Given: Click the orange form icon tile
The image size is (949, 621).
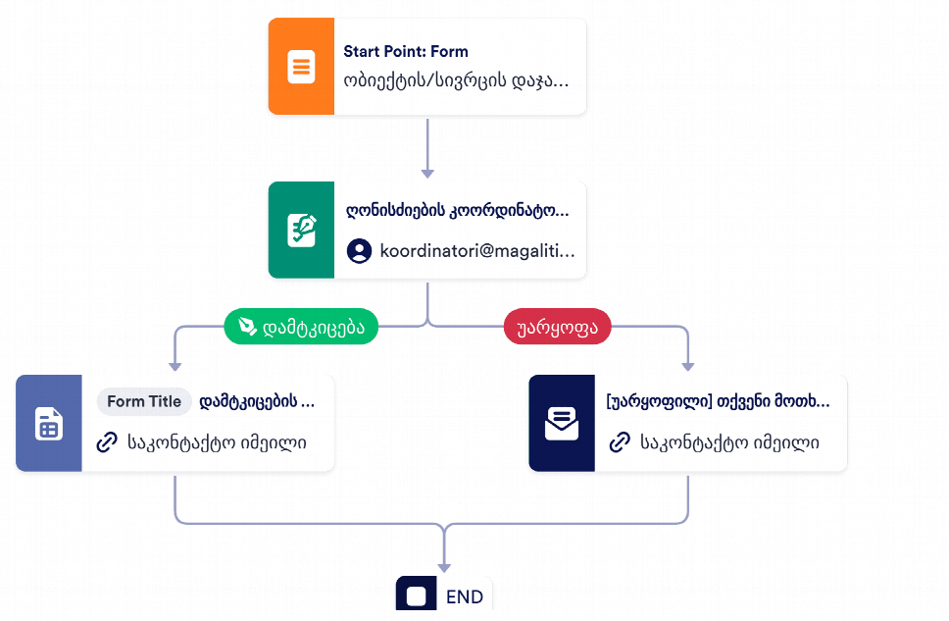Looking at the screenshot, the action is pos(301,66).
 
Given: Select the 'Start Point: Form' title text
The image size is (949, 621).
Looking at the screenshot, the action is pos(406,51).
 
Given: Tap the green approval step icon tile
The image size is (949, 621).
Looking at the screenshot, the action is pos(301,230).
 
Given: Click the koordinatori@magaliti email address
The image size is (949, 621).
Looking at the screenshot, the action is pos(476,251).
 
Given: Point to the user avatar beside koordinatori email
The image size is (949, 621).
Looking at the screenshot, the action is pos(359,251).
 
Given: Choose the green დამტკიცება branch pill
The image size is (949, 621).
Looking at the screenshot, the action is pos(301,327).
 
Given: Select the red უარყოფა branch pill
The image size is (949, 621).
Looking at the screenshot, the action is pos(558,327).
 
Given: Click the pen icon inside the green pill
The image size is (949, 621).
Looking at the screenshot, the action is pos(247,327).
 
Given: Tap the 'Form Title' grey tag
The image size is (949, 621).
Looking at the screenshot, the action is pos(144,401).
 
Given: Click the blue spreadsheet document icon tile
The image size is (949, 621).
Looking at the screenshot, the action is pos(49,423).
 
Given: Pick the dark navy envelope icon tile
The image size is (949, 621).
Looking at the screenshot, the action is pos(562,423).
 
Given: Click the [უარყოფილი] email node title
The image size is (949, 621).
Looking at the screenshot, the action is pos(718,401).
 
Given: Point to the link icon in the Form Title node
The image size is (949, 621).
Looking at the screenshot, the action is pos(107,442).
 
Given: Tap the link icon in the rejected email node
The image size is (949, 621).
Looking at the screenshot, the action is pos(620,442).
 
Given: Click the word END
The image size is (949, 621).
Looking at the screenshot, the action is pos(465,596).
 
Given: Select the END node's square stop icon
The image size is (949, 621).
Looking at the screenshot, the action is pos(417,595).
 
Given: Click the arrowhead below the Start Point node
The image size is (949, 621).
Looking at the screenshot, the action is pos(427,174).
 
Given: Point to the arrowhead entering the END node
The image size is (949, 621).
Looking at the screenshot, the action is pos(444,568).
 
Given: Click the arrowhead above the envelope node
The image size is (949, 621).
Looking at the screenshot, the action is pos(687,367).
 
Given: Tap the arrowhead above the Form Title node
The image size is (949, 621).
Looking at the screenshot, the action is pos(175,367).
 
